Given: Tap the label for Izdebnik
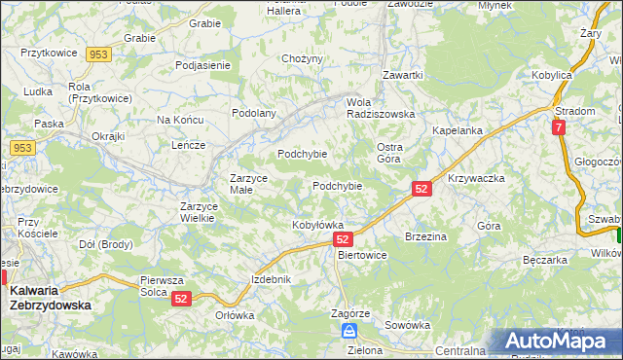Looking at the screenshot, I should pos(271,279).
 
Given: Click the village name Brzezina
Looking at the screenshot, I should pos(425,236).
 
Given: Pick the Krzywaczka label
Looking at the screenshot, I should pos(475,179).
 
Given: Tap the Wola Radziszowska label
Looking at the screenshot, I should pos(381,107).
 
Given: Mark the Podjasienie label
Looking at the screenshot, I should pos(202,65).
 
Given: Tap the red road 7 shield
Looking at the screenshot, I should pos(558,127).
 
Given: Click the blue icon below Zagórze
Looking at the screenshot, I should pos(349,332).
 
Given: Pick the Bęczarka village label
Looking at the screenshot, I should pos(544,261).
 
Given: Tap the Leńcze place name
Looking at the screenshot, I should pos(187,145).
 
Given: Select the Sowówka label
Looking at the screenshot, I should pos(407,325).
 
